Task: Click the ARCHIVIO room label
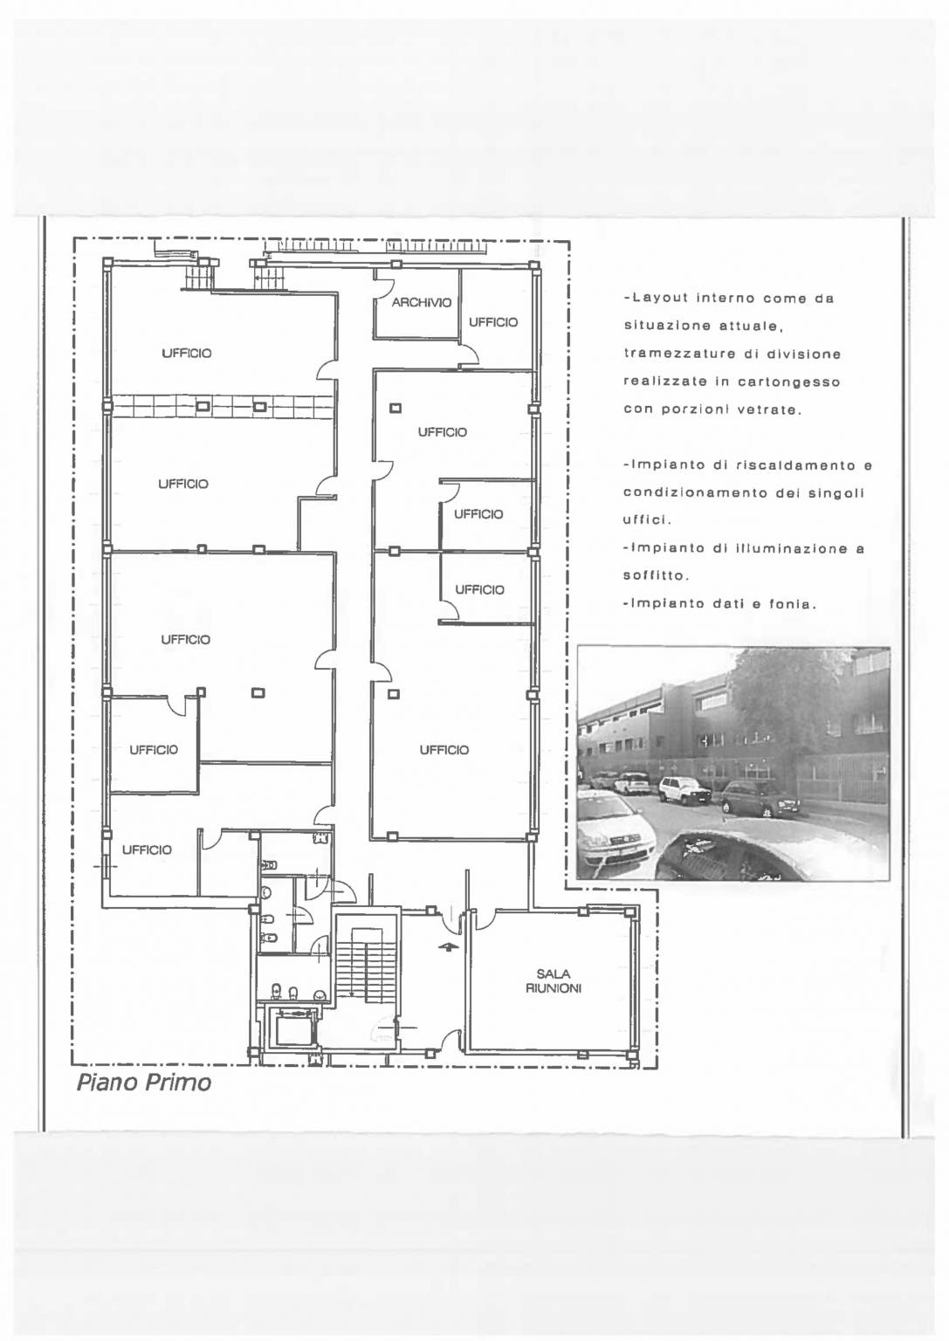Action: click(x=422, y=303)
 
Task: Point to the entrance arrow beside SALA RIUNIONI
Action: click(x=445, y=947)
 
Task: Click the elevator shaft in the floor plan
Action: click(x=291, y=1028)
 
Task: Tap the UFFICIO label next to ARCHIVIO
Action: click(x=492, y=323)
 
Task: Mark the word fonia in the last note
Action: click(x=793, y=604)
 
